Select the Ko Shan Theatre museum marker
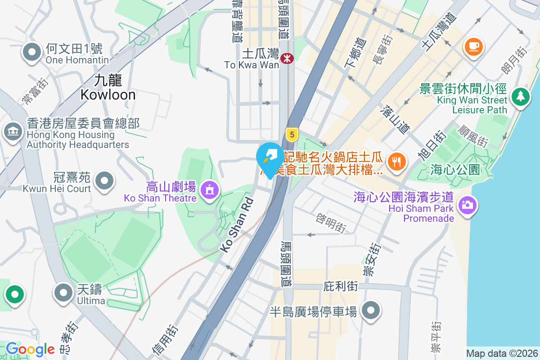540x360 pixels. [x=209, y=189]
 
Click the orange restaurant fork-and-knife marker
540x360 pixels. [x=396, y=161]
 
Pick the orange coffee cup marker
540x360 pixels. [x=473, y=46]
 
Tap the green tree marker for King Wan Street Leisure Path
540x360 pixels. [x=521, y=96]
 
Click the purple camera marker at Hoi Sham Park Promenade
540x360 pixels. [x=468, y=206]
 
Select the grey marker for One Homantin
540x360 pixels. [x=32, y=52]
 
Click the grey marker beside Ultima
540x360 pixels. [x=64, y=292]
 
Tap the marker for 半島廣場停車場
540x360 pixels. [x=371, y=310]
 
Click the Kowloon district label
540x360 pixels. [x=108, y=87]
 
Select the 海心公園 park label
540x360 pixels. [x=455, y=170]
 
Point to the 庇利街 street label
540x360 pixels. [x=341, y=287]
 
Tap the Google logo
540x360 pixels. [x=30, y=349]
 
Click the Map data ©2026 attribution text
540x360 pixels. [x=502, y=353]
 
